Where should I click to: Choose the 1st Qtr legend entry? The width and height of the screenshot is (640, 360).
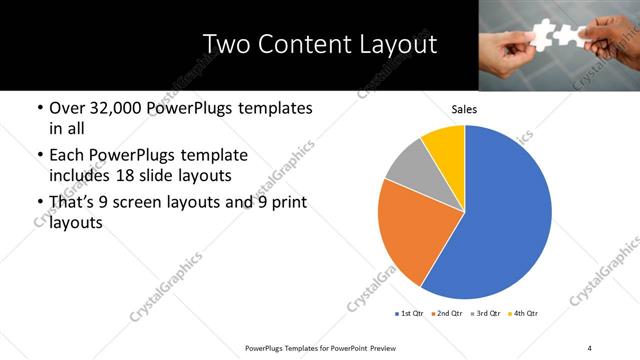coord(410,314)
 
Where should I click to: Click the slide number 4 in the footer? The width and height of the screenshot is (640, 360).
coord(590,347)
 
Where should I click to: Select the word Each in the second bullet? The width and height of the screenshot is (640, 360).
coord(68,156)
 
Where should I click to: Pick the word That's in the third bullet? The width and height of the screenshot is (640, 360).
coord(74,203)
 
